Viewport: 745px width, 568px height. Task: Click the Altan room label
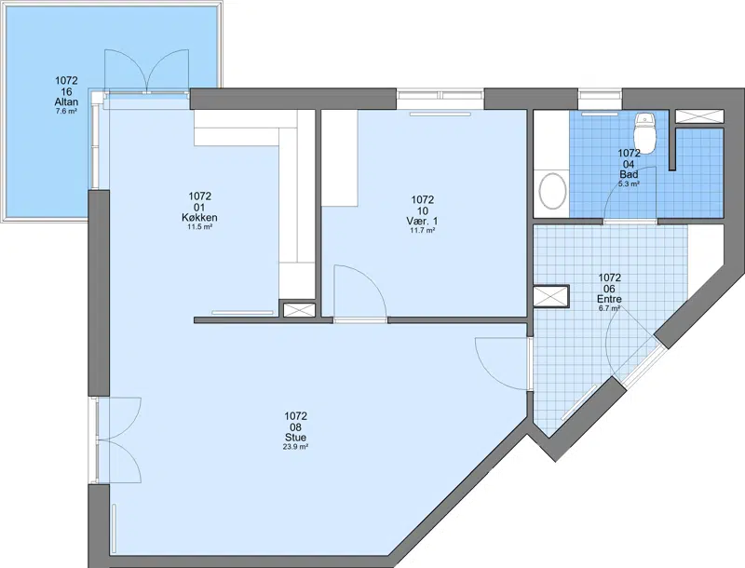click(x=66, y=102)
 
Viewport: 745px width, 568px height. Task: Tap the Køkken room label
click(x=199, y=218)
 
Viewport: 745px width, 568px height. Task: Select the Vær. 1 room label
click(x=423, y=222)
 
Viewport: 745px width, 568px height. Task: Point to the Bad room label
click(x=629, y=175)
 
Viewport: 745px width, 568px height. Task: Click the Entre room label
click(x=610, y=299)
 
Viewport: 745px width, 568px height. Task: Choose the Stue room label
click(x=295, y=438)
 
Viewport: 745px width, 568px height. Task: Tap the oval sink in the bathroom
click(x=552, y=191)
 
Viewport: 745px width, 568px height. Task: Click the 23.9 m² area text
click(x=295, y=447)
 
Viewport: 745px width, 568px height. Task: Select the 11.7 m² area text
click(x=423, y=230)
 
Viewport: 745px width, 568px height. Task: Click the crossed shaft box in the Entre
click(x=551, y=297)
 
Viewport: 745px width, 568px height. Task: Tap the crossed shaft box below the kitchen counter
click(x=296, y=310)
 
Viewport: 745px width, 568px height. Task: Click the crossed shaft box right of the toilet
click(x=699, y=116)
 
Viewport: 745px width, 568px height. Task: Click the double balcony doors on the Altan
click(x=147, y=72)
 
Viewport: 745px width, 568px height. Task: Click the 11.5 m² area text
click(x=199, y=227)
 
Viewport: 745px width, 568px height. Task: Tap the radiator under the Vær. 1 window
click(x=440, y=114)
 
